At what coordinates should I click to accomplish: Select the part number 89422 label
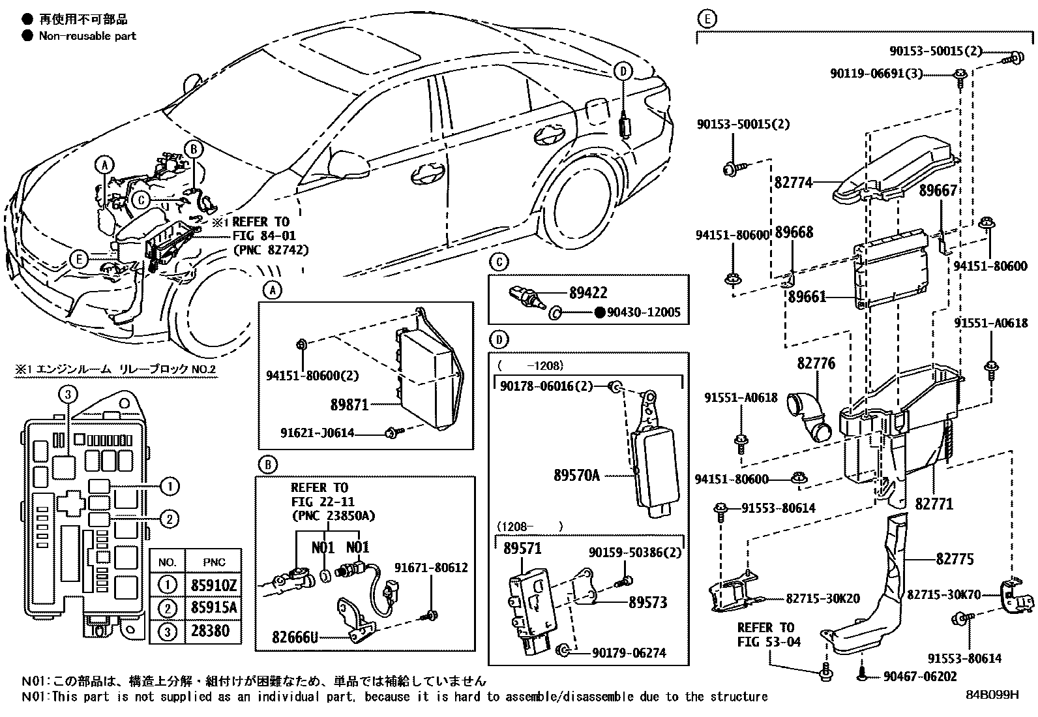pyautogui.click(x=587, y=294)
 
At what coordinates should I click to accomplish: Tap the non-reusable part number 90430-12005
pyautogui.click(x=643, y=313)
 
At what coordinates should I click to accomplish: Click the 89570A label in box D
pyautogui.click(x=576, y=476)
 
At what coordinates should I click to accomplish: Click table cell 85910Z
pyautogui.click(x=214, y=585)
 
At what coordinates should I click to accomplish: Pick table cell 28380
pyautogui.click(x=214, y=631)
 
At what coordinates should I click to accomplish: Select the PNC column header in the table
pyautogui.click(x=214, y=562)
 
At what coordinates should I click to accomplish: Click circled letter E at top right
pyautogui.click(x=706, y=20)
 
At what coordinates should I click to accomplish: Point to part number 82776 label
pyautogui.click(x=816, y=363)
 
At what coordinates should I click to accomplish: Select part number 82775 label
pyautogui.click(x=955, y=559)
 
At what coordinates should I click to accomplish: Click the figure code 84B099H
pyautogui.click(x=992, y=695)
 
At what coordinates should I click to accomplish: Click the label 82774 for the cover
pyautogui.click(x=793, y=183)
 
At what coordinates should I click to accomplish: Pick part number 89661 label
pyautogui.click(x=807, y=297)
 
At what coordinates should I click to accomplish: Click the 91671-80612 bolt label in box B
pyautogui.click(x=431, y=568)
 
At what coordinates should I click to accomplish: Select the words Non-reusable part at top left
pyautogui.click(x=87, y=36)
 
